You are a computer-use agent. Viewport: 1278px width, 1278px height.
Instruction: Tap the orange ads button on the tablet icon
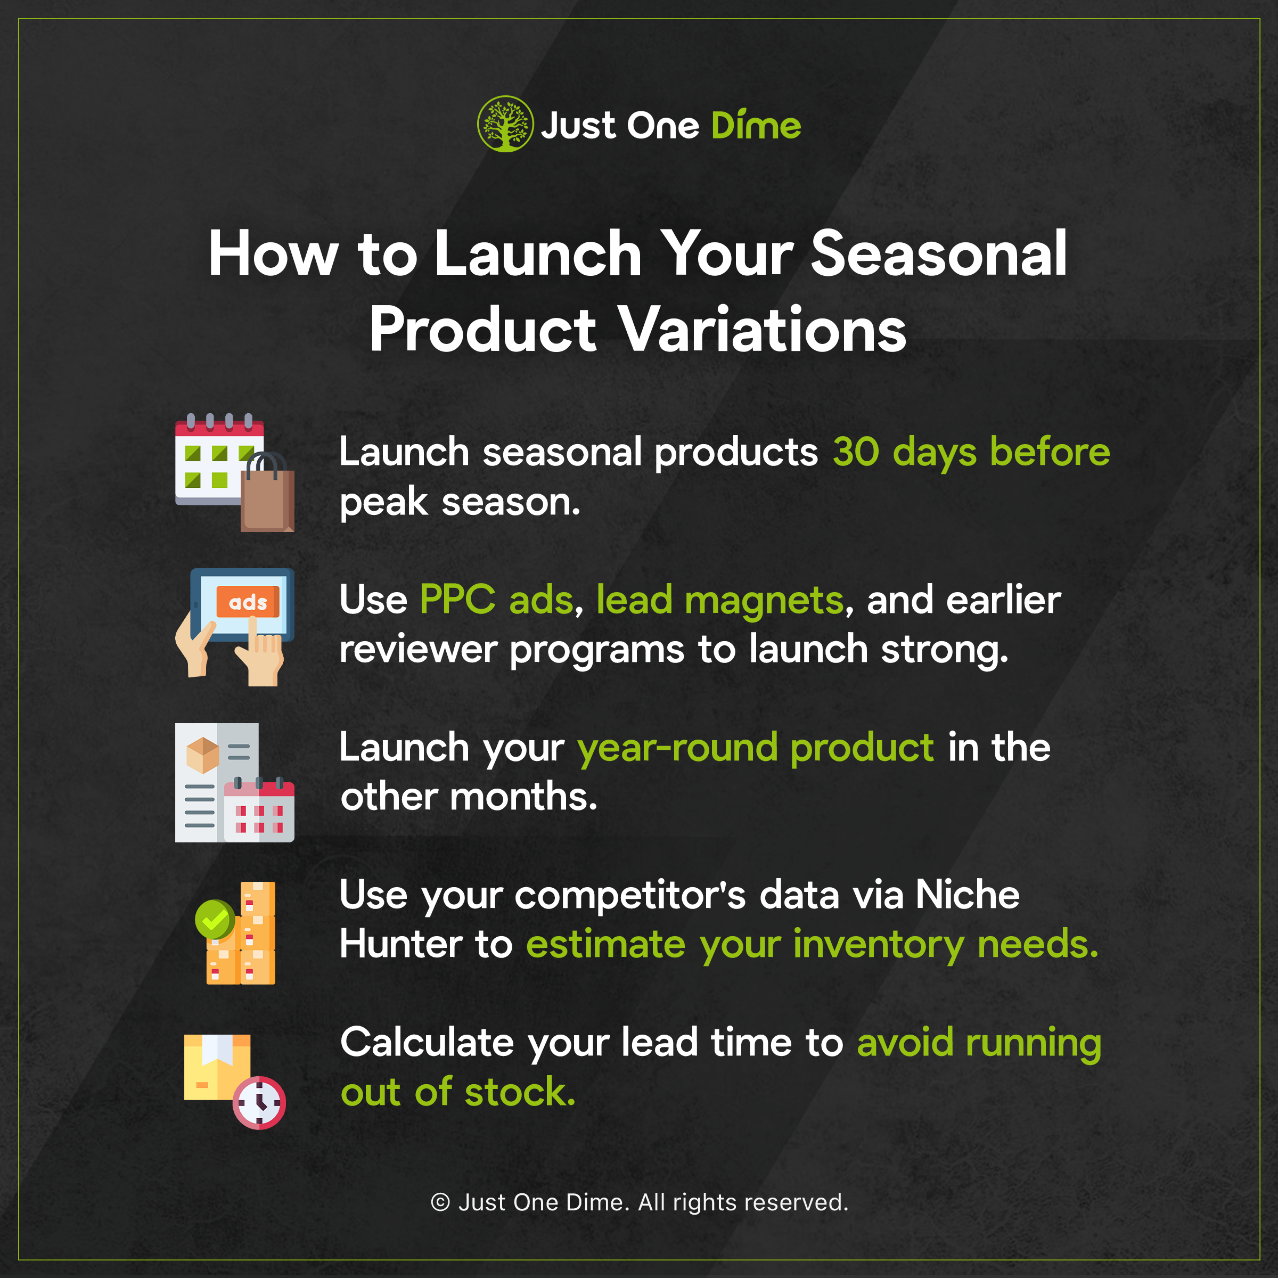point(248,602)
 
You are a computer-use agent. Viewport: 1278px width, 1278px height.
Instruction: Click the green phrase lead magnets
point(720,601)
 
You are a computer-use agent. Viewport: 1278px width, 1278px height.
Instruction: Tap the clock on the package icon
point(259,1103)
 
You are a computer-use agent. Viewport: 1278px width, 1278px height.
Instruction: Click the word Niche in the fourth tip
point(967,895)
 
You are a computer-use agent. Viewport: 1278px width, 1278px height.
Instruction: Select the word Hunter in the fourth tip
point(401,944)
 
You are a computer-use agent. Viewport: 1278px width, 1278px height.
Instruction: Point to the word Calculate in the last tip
point(427,1043)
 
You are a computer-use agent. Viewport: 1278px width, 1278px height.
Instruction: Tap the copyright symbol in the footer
point(440,1202)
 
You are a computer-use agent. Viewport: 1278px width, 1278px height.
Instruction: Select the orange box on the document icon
point(202,756)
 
